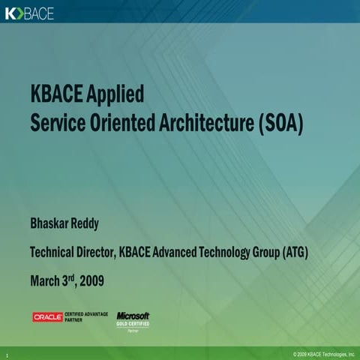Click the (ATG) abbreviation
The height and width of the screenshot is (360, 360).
tap(295, 253)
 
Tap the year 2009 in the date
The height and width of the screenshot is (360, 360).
tap(88, 282)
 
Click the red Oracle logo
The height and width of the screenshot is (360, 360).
tap(48, 317)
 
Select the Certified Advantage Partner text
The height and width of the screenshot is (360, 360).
tap(87, 317)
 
